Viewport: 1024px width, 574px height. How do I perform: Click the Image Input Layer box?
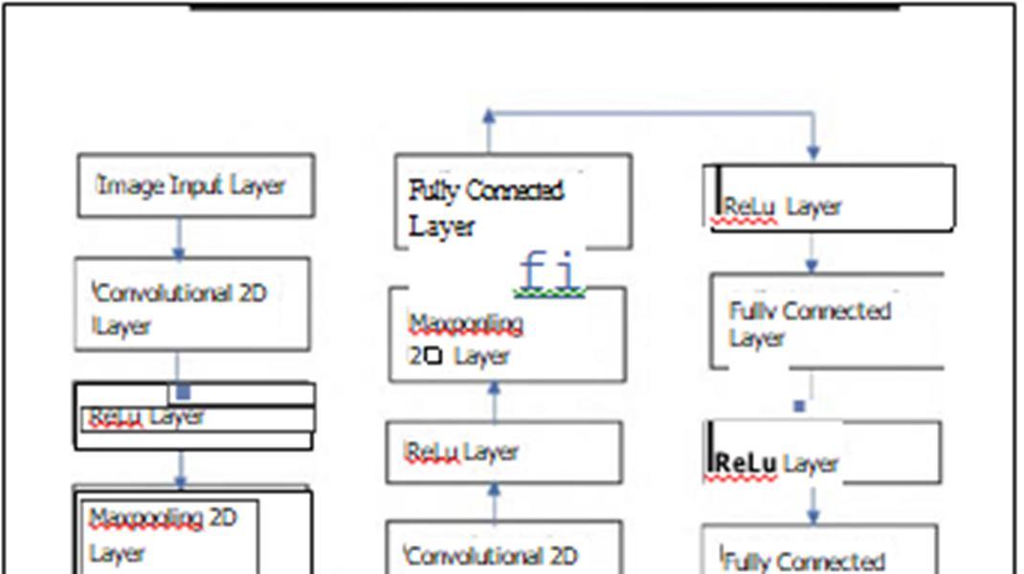(195, 185)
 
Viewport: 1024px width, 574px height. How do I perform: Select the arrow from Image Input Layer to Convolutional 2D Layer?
(178, 237)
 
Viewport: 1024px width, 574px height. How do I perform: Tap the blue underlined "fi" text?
(550, 271)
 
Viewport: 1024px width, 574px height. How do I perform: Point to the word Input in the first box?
(196, 185)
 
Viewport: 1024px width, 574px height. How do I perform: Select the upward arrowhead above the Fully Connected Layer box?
(489, 118)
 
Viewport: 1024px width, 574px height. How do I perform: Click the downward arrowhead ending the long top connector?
(813, 150)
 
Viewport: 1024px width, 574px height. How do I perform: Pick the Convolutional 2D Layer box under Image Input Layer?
(193, 304)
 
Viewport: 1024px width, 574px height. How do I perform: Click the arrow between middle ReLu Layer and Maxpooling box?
(495, 402)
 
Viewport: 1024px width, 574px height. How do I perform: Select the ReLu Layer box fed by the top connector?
(831, 198)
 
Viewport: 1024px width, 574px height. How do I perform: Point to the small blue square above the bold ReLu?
(800, 407)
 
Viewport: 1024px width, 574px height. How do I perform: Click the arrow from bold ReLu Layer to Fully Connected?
(813, 505)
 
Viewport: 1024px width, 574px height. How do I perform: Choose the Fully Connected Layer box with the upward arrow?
(514, 203)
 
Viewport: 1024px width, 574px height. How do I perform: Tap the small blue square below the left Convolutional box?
(184, 392)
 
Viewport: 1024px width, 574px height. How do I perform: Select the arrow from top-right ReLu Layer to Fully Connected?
(812, 254)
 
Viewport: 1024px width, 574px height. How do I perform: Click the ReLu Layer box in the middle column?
(504, 452)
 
